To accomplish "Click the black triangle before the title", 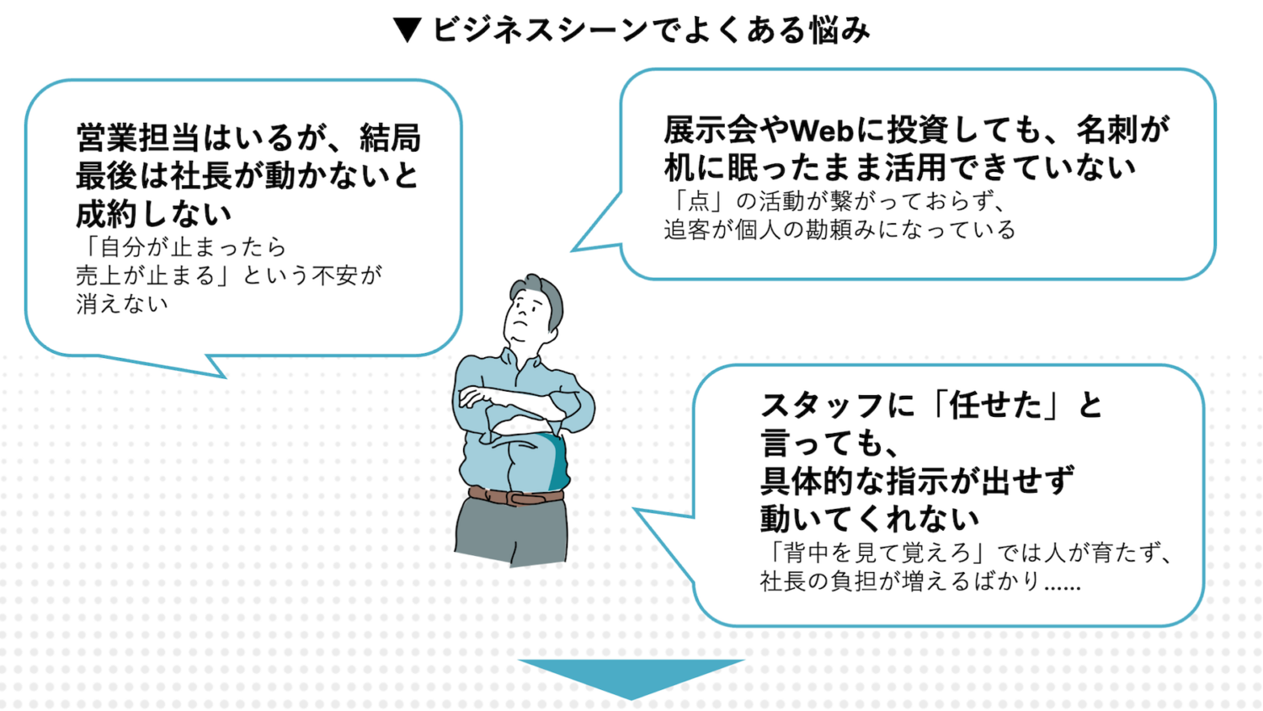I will [x=408, y=30].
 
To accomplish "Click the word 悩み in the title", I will [x=839, y=30].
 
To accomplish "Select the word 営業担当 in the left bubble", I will [x=138, y=137].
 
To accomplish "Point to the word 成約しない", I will [x=154, y=214].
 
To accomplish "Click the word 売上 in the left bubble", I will [x=99, y=275].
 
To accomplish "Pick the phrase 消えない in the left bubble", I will [x=122, y=304].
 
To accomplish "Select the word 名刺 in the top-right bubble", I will [x=1108, y=130].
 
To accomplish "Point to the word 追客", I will [x=687, y=230].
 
